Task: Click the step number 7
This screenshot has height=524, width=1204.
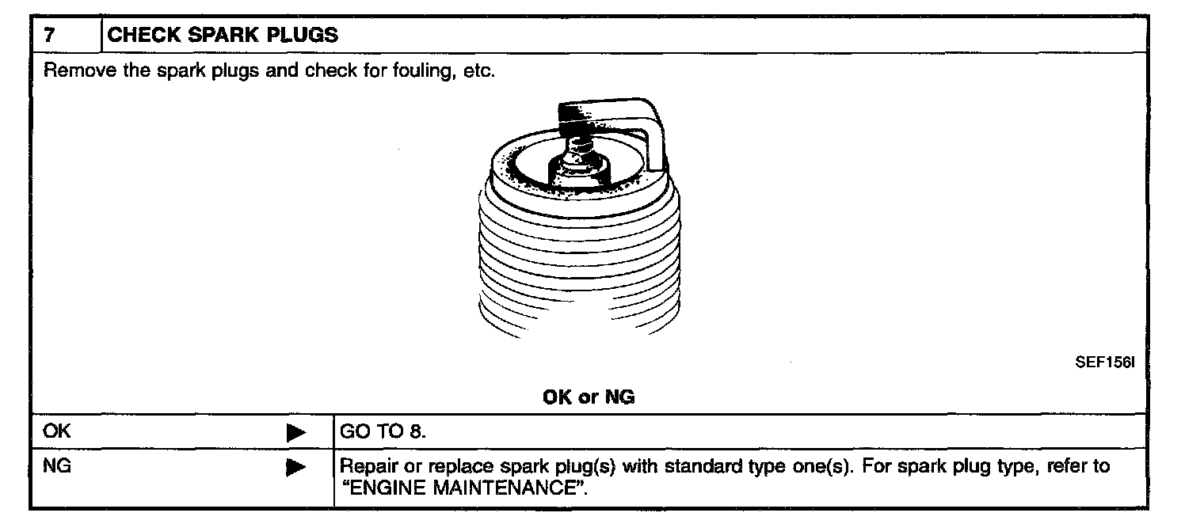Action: click(x=49, y=36)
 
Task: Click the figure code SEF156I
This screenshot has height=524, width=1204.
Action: click(x=1105, y=363)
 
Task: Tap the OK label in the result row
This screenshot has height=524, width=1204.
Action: click(x=58, y=431)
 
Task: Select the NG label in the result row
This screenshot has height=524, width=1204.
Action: click(x=58, y=467)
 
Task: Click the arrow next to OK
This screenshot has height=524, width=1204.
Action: click(x=295, y=432)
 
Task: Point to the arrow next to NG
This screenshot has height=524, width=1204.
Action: click(x=295, y=468)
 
